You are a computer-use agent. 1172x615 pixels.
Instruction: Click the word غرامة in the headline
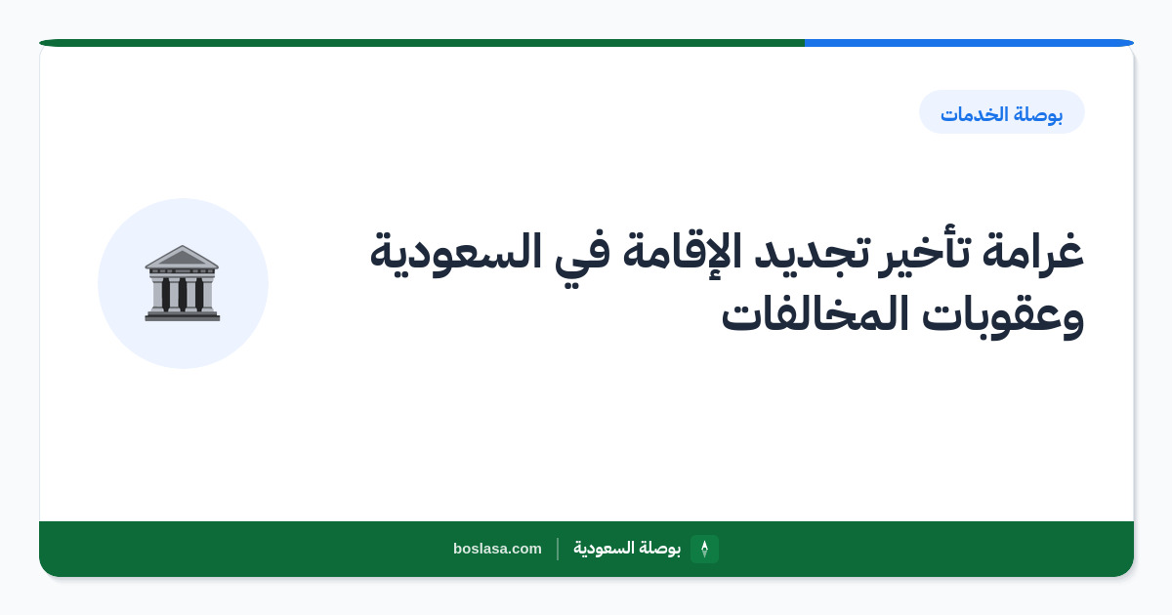[1033, 252]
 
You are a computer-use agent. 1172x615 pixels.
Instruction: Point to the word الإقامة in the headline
[682, 252]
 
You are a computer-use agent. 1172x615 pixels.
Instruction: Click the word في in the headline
[582, 256]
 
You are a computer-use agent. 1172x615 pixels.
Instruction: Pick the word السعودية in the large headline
[456, 253]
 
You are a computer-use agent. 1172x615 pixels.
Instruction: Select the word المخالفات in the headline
[815, 312]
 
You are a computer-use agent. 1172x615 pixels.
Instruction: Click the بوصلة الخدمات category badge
[1002, 112]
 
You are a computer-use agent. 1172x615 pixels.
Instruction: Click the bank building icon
[182, 283]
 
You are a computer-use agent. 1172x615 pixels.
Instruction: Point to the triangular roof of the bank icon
[182, 257]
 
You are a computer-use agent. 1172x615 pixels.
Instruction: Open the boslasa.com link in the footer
[497, 549]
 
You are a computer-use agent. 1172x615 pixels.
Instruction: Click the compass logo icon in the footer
[704, 549]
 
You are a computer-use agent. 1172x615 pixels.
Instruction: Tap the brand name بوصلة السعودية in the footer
[627, 548]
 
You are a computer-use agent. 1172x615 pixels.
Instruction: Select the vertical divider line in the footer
[558, 549]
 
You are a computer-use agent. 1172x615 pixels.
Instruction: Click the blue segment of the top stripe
[969, 43]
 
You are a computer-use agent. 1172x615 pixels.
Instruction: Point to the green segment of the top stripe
[422, 43]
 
